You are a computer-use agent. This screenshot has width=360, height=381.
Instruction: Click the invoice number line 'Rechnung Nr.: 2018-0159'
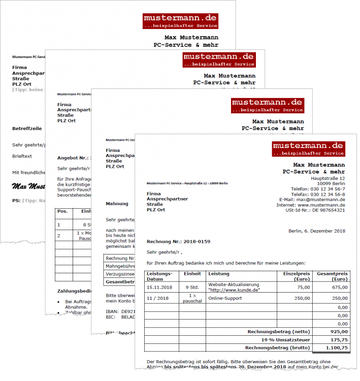click(178, 241)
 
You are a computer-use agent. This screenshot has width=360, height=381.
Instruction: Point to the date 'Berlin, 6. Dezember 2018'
click(317, 231)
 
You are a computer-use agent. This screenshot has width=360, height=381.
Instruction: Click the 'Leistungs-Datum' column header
click(159, 276)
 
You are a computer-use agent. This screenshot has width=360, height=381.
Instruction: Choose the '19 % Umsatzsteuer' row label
click(285, 340)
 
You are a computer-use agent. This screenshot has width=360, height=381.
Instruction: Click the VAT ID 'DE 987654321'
click(329, 210)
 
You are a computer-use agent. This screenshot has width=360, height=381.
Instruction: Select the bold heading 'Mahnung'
click(117, 204)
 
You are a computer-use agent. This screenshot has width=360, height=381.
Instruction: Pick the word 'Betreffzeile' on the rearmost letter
click(26, 129)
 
